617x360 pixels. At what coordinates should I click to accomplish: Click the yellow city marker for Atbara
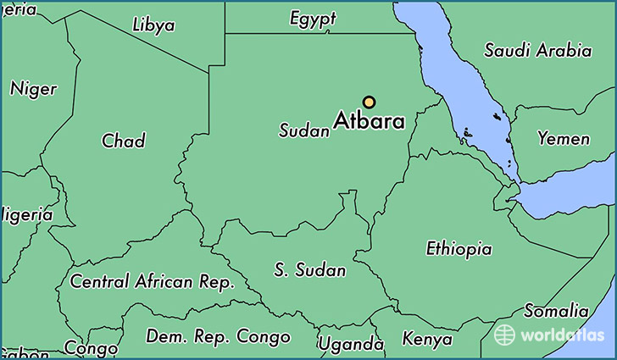coord(369,102)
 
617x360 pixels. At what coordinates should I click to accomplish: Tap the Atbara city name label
coord(369,121)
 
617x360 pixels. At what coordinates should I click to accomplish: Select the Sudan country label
coord(303,131)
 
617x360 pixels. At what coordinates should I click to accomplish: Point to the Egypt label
coord(313,19)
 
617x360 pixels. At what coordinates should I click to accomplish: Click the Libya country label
coord(153,25)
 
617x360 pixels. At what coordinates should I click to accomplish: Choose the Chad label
coord(123,141)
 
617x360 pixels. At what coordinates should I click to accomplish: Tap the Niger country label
coord(33,88)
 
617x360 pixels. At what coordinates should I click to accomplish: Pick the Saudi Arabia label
coord(537,50)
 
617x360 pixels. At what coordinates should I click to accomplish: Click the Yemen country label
coord(564,138)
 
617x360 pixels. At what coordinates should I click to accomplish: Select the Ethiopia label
coord(459,249)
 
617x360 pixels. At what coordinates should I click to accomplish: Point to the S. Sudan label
coord(310,270)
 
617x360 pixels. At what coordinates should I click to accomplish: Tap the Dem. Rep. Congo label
coord(218,336)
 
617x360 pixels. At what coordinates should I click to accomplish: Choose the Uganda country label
coord(351,344)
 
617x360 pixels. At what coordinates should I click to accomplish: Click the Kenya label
coord(427,339)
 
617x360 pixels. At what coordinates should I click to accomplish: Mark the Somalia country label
coord(556,311)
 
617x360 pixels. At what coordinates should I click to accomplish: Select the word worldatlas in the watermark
coord(560,335)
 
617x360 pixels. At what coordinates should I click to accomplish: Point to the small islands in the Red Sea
coord(468,134)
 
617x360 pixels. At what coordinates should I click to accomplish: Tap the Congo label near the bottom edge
coord(91,348)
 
